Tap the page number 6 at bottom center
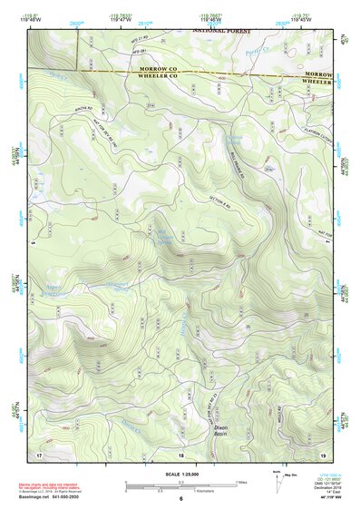point(180,499)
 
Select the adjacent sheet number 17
point(39,454)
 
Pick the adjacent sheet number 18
point(180,454)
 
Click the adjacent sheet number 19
point(323,454)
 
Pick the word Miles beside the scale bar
point(241,482)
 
